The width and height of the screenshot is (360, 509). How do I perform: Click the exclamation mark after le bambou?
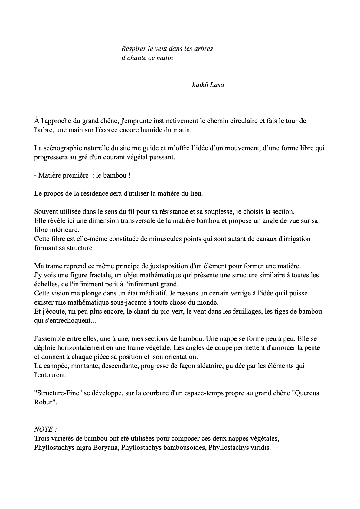click(x=129, y=175)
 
